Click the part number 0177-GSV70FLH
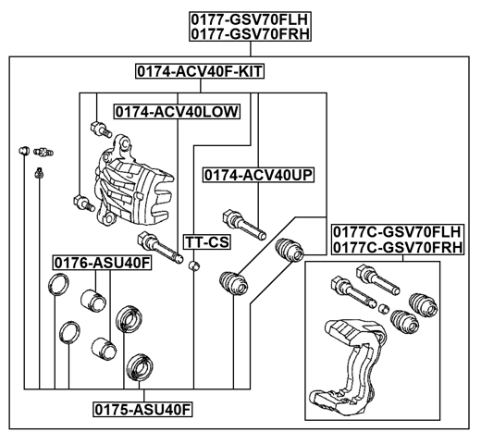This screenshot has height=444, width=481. (x=250, y=18)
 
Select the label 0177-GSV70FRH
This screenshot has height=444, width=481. (x=250, y=34)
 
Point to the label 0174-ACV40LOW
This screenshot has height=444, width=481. (x=177, y=111)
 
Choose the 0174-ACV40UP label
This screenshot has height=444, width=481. (x=258, y=174)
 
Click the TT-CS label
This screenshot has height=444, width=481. (x=205, y=241)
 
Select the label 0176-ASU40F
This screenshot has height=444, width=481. (x=101, y=264)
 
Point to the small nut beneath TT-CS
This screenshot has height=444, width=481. (x=193, y=267)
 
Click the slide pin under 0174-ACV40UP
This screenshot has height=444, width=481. (x=242, y=225)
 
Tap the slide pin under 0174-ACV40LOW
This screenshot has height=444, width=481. (x=166, y=250)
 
